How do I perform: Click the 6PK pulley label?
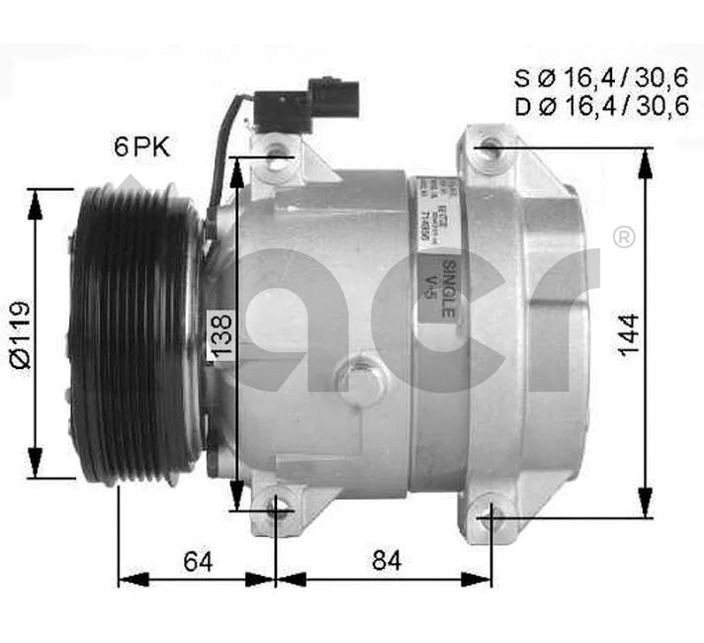[141, 147]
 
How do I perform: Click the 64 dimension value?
[199, 560]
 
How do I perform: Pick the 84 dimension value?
[387, 560]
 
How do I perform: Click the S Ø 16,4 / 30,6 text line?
[599, 76]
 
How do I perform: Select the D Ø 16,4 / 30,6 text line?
[599, 107]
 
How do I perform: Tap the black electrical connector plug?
[306, 101]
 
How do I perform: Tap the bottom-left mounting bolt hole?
[278, 511]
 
